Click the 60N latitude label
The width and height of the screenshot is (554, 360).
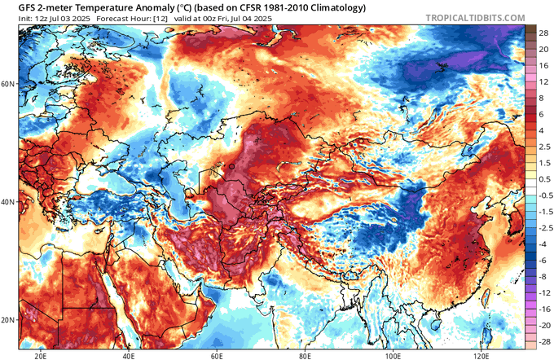pyautogui.click(x=8, y=84)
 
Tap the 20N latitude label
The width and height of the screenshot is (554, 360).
pyautogui.click(x=8, y=319)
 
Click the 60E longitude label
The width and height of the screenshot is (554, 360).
pyautogui.click(x=218, y=355)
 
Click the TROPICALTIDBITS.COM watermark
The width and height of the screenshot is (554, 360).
pyautogui.click(x=489, y=9)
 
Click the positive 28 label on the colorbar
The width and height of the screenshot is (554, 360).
pyautogui.click(x=541, y=29)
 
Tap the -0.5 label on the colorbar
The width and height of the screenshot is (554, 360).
pyautogui.click(x=541, y=196)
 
